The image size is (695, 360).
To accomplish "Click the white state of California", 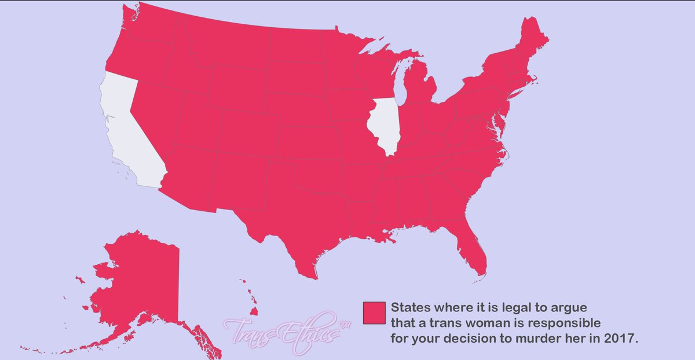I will coord(130,133).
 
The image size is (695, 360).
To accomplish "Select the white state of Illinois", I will coord(383,124).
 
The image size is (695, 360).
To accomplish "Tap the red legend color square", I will coord(374,313).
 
